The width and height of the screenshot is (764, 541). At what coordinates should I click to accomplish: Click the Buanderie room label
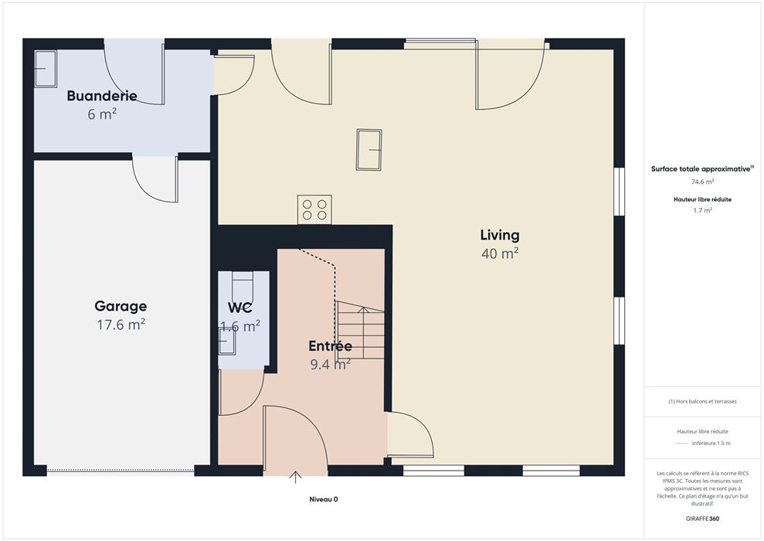click(x=102, y=96)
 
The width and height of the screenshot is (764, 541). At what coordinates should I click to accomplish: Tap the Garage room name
click(x=121, y=307)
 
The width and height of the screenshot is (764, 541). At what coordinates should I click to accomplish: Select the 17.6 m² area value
click(x=121, y=324)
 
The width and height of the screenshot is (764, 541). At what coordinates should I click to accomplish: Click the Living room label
click(x=500, y=236)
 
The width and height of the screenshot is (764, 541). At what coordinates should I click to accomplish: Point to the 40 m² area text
click(x=500, y=253)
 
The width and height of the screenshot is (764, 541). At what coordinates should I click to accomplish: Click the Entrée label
click(x=331, y=346)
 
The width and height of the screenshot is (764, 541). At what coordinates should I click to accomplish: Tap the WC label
click(x=240, y=308)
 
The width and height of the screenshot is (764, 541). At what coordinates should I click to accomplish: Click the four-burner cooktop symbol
click(x=314, y=209)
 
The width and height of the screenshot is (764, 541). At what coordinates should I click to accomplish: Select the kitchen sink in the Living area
click(x=368, y=150)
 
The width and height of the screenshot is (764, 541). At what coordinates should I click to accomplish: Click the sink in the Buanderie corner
click(x=46, y=69)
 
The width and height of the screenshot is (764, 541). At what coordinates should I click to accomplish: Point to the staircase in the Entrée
click(x=360, y=331)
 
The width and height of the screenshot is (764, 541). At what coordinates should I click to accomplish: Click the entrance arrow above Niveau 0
click(x=295, y=477)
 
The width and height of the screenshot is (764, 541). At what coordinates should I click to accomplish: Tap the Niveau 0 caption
click(x=324, y=499)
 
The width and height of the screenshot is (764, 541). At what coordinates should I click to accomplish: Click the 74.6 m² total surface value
click(x=703, y=182)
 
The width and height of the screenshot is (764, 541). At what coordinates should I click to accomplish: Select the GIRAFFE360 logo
click(x=703, y=519)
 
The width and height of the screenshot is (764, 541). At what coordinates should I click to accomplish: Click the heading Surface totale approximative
click(x=702, y=169)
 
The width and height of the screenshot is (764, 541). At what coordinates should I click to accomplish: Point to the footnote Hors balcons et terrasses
click(x=703, y=402)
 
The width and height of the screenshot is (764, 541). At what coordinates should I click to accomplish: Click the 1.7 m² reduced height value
click(x=703, y=210)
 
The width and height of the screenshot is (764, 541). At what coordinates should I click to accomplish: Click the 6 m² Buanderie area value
click(x=102, y=114)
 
